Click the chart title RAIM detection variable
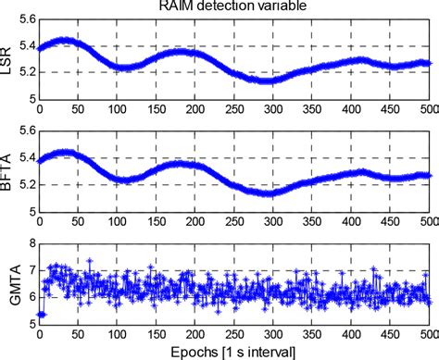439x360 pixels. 232,8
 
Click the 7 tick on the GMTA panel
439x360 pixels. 31,271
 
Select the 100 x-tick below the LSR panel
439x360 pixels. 117,106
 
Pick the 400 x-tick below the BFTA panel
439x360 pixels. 350,221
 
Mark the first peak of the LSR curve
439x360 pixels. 65,40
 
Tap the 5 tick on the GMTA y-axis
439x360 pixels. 31,326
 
